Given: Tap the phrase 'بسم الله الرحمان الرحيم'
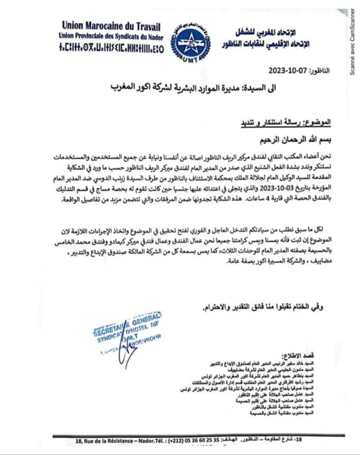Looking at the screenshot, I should [302, 136].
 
